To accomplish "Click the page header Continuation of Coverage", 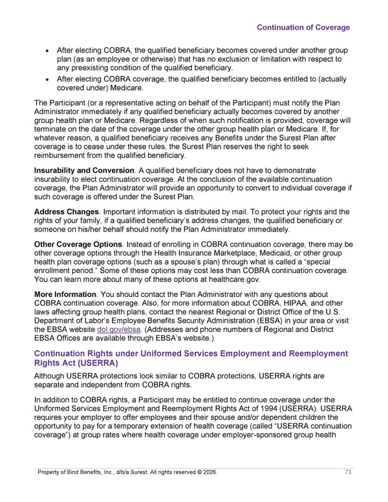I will point(303,27).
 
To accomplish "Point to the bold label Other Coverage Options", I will point(78,244).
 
